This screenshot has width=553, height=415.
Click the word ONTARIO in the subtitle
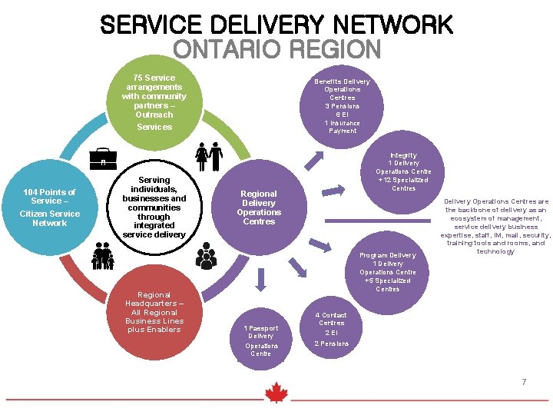pyautogui.click(x=224, y=50)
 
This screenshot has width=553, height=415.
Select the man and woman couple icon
pyautogui.click(x=208, y=157)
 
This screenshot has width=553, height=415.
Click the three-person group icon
pyautogui.click(x=206, y=255)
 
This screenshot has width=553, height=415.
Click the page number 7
pyautogui.click(x=524, y=382)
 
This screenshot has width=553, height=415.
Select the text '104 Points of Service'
pyautogui.click(x=49, y=197)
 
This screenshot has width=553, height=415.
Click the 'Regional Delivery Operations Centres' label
pyautogui.click(x=259, y=207)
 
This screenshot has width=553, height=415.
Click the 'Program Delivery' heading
pyautogui.click(x=387, y=255)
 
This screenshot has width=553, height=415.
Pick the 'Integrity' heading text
pyautogui.click(x=403, y=155)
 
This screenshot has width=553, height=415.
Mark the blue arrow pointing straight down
pyautogui.click(x=260, y=281)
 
